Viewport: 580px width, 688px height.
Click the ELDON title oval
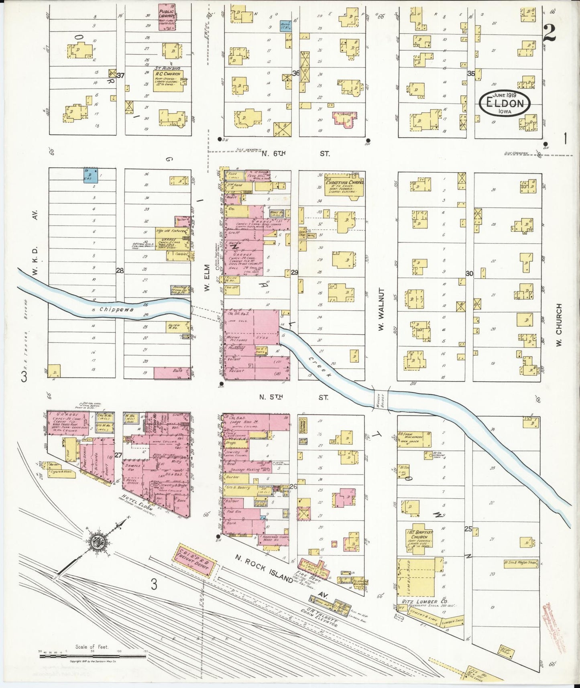505,104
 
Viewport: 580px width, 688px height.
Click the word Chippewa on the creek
101,309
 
